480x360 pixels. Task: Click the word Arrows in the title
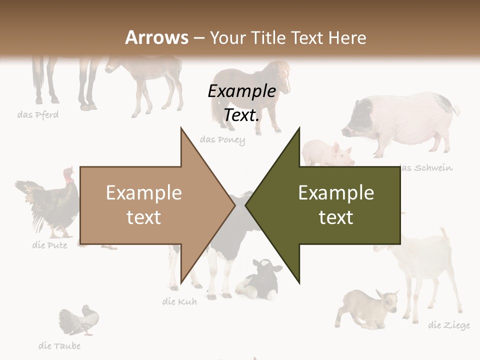pyautogui.click(x=157, y=37)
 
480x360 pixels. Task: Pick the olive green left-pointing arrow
pyautogui.click(x=330, y=205)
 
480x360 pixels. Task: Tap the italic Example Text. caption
pyautogui.click(x=242, y=103)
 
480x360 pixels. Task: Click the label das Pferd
pyautogui.click(x=38, y=115)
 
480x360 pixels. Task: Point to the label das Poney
pyautogui.click(x=222, y=140)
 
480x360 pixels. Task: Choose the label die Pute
pyautogui.click(x=49, y=245)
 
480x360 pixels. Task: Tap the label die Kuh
pyautogui.click(x=179, y=301)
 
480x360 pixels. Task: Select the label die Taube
pyautogui.click(x=59, y=345)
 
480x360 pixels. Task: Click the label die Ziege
pyautogui.click(x=449, y=325)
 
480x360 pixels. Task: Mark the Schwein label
pyautogui.click(x=427, y=167)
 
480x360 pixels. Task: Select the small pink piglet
pyautogui.click(x=327, y=152)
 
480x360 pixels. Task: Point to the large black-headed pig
pyautogui.click(x=400, y=122)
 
